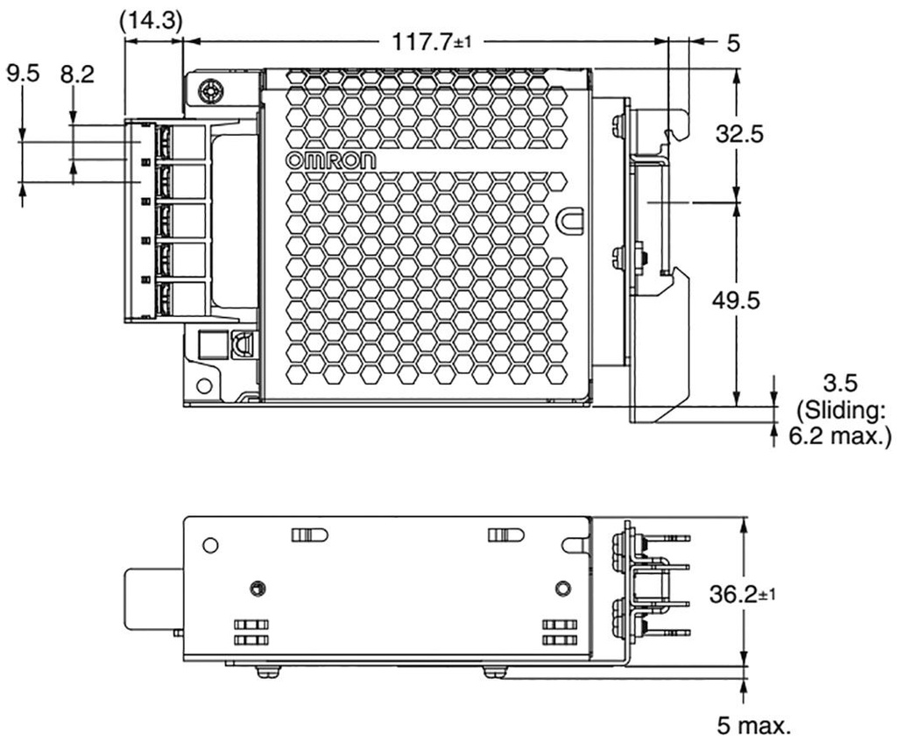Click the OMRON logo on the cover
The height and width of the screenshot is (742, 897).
[331, 161]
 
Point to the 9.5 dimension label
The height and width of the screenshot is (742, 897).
[23, 74]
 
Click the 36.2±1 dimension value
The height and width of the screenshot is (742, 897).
[741, 595]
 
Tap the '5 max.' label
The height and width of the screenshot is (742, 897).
[752, 724]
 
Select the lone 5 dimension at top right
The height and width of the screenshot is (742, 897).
[731, 40]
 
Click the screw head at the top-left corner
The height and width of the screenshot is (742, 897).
[209, 91]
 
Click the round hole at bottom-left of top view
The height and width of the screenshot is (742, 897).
[204, 384]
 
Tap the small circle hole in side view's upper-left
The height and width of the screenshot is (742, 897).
[209, 545]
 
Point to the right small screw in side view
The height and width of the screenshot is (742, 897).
[561, 586]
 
